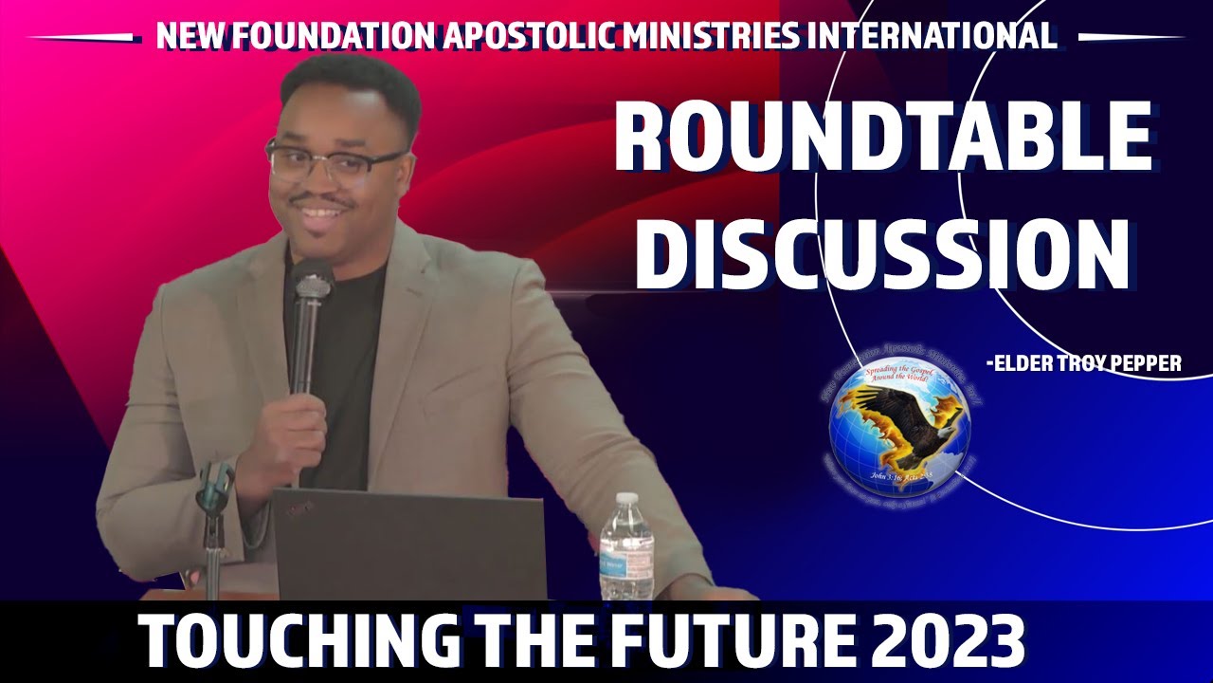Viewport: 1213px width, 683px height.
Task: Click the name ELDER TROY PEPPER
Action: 1085,363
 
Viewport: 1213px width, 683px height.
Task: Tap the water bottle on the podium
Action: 625,550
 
